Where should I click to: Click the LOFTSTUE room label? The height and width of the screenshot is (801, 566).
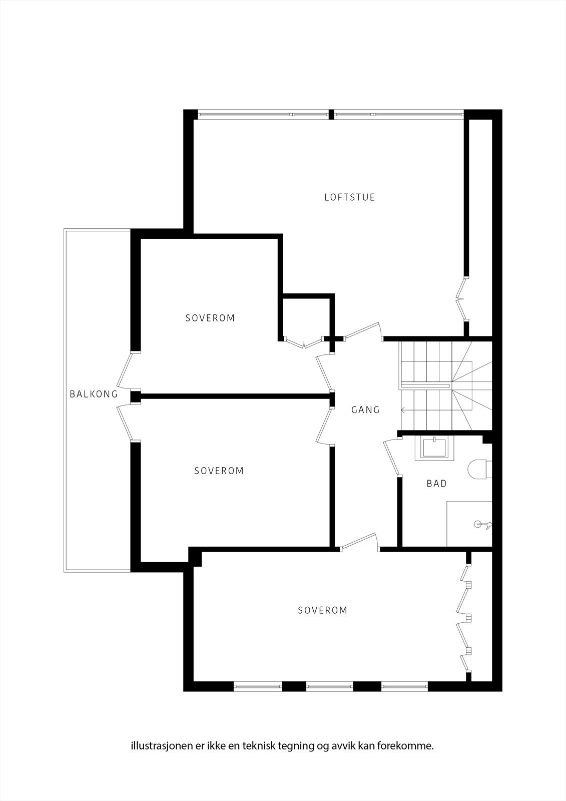(x=349, y=197)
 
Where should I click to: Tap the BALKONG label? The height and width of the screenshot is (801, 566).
(x=94, y=394)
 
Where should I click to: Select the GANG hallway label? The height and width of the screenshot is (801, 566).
(x=365, y=410)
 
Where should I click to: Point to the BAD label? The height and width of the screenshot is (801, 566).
(x=436, y=484)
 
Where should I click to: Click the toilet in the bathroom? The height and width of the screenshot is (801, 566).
(x=479, y=469)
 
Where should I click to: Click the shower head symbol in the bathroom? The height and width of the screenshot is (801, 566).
(x=482, y=525)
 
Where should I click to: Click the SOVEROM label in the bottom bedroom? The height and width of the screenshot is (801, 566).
(x=322, y=610)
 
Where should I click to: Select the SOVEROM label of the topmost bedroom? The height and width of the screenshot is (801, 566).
(x=210, y=318)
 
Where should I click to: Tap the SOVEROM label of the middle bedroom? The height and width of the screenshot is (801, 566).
(x=219, y=471)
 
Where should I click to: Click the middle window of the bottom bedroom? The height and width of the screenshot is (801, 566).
(x=329, y=686)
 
